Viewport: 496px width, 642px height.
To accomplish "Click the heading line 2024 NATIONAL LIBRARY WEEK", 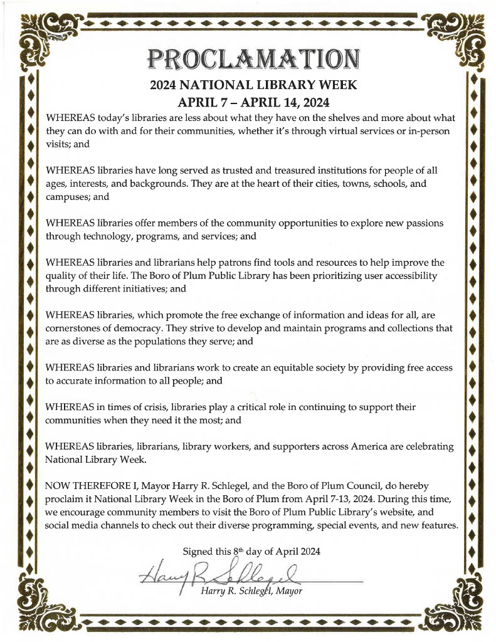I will tap(254, 85).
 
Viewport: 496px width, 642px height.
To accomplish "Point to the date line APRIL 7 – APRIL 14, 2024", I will tap(254, 102).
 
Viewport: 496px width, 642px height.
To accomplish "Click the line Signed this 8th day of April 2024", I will tap(251, 552).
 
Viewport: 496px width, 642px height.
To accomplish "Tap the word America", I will tap(362, 446).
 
